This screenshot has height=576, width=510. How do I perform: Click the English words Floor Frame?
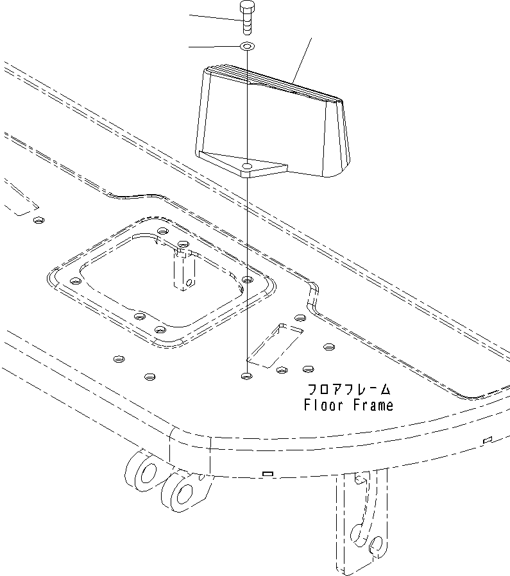click(x=348, y=405)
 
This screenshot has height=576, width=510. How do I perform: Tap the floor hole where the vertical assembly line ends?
click(x=246, y=377)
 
